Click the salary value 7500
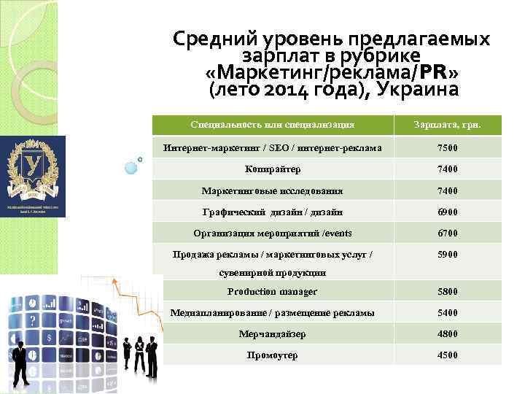448,149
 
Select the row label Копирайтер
272,170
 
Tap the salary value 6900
448,212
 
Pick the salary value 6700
448,233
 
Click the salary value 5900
448,255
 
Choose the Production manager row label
272,292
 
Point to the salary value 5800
448,292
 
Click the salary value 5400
448,313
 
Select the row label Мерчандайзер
272,334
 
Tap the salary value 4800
448,334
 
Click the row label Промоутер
272,355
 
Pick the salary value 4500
448,355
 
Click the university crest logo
33,176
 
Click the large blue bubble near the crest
131,167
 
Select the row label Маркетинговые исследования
272,191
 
